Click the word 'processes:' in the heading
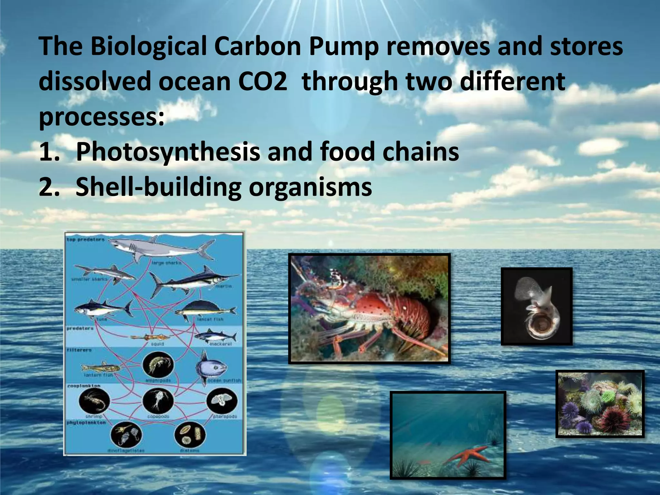(102, 117)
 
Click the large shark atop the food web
(161, 248)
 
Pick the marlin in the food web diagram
(193, 280)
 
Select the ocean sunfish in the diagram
(211, 367)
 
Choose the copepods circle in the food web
(158, 401)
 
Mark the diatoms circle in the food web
(190, 435)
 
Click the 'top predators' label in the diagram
(86, 239)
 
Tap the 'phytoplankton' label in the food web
(86, 422)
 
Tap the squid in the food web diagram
(150, 337)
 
